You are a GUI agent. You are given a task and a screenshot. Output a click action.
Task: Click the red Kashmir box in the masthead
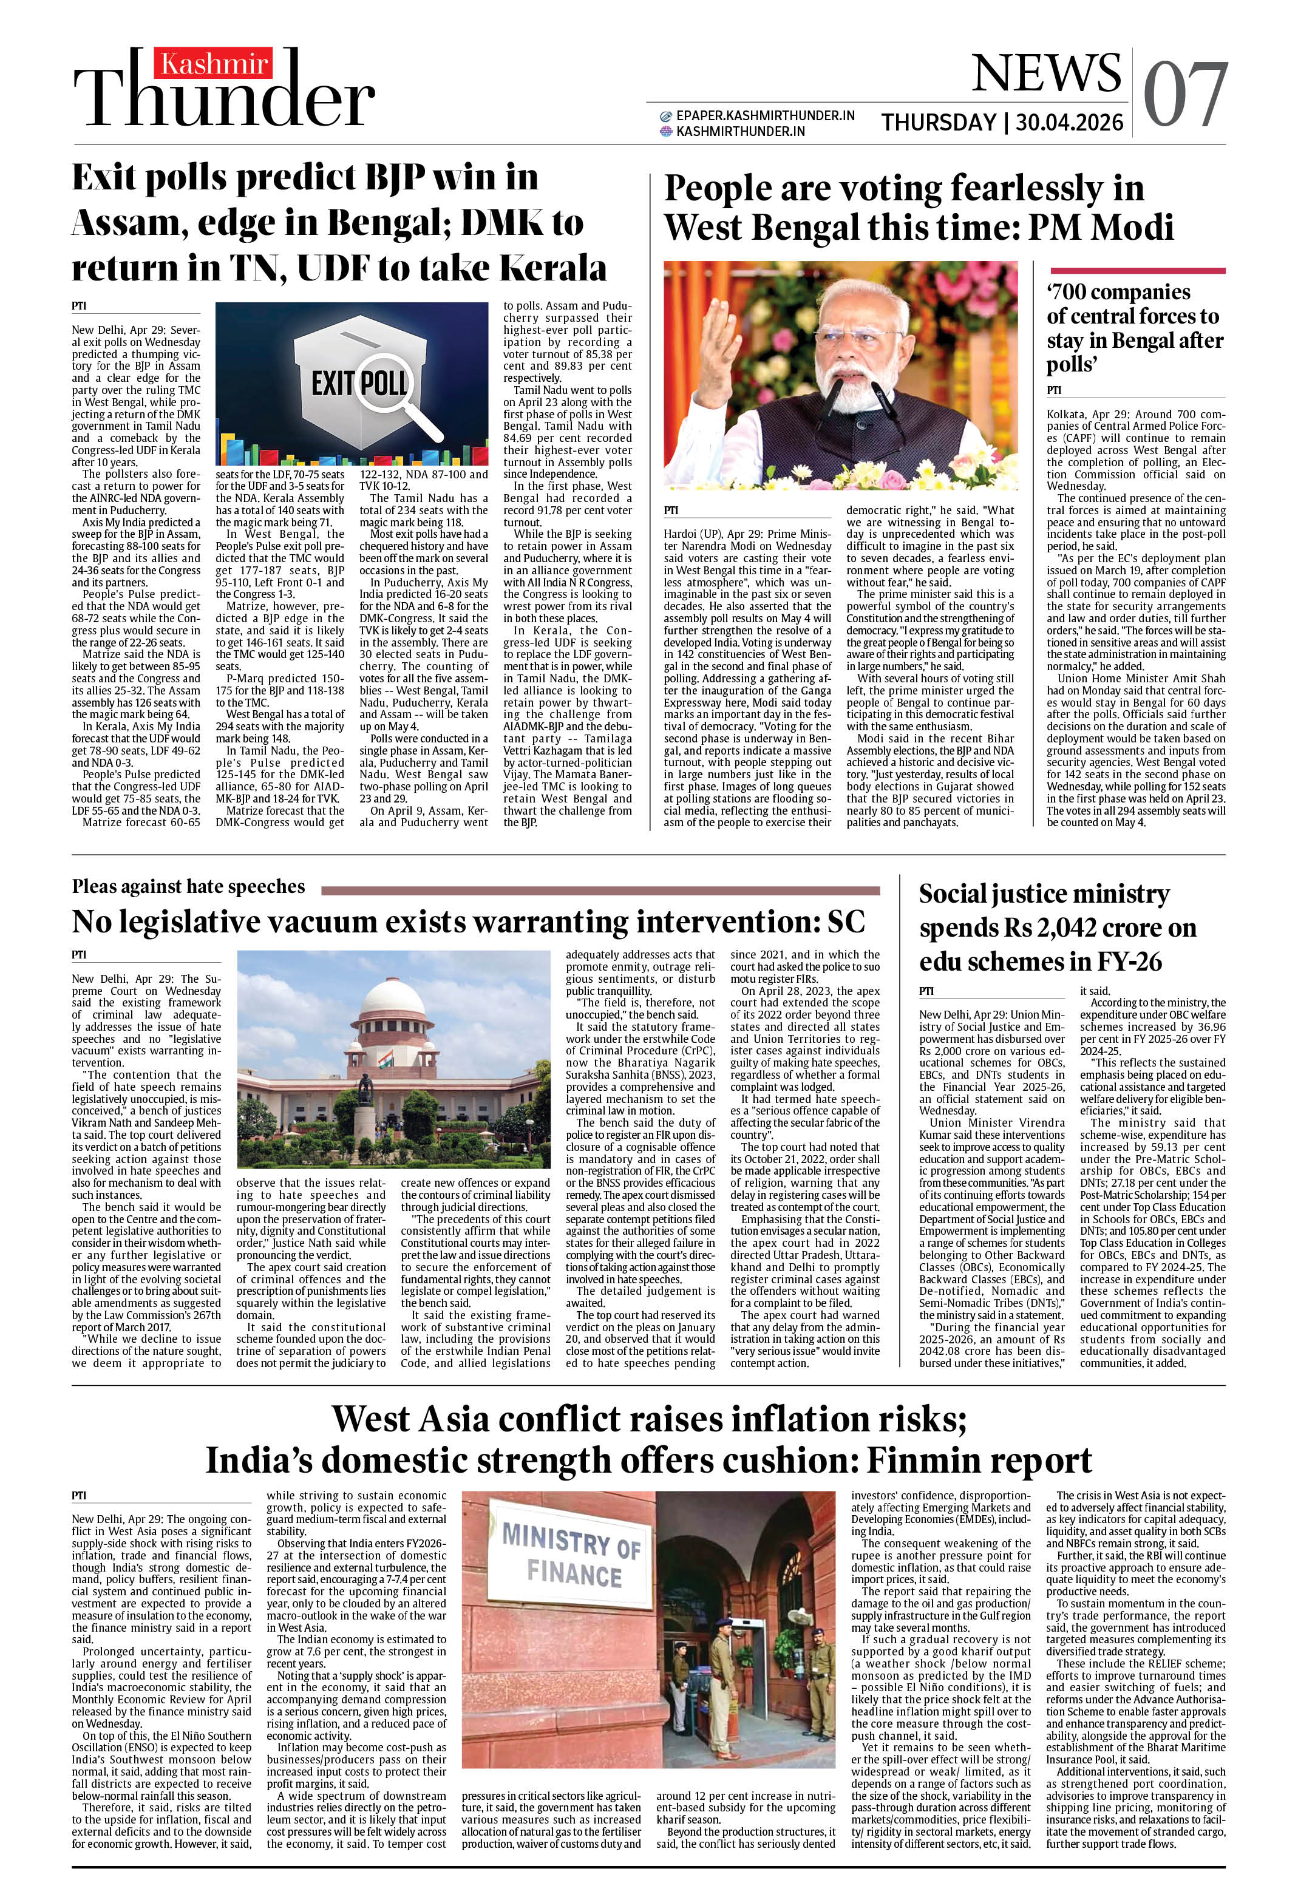214,64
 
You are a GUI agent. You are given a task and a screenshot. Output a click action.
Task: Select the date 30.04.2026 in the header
1069,123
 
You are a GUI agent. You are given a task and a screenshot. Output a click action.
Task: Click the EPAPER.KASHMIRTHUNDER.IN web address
765,115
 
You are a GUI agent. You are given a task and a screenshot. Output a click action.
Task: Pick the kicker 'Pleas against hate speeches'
188,886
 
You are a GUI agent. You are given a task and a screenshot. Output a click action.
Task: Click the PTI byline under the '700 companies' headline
1053,390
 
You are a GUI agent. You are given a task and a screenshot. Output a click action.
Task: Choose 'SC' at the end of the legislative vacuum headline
846,921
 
